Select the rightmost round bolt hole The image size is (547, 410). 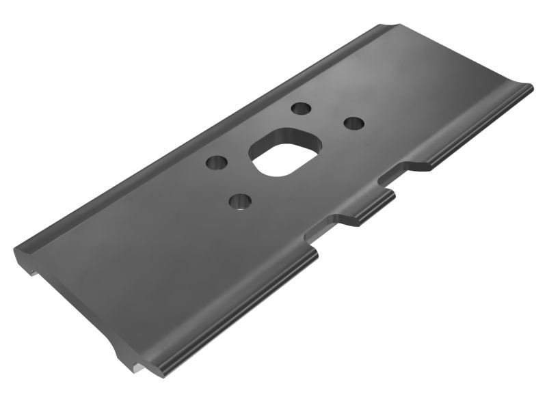(x=353, y=123)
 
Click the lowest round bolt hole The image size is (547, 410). (x=239, y=201)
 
